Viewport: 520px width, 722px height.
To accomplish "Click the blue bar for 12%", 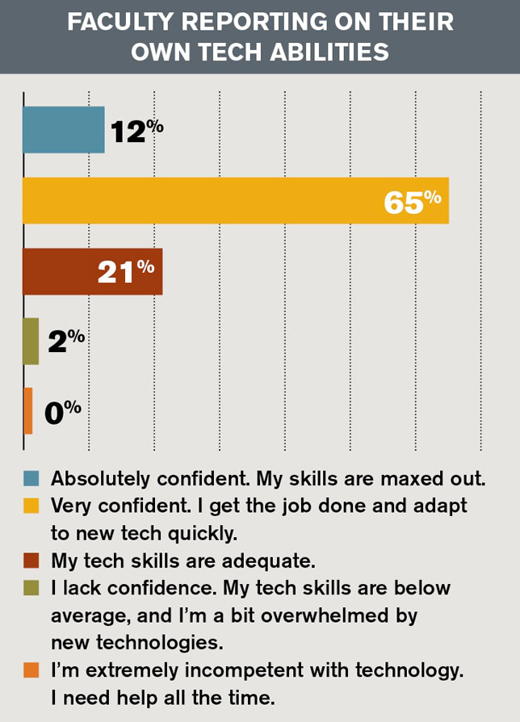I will [64, 130].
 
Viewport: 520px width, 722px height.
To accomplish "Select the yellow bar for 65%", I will [235, 200].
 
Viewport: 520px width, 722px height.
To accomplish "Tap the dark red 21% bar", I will [92, 271].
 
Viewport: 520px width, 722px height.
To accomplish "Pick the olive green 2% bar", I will [31, 342].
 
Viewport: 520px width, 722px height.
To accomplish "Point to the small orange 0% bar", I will [28, 411].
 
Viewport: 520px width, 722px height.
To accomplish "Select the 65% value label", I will [413, 201].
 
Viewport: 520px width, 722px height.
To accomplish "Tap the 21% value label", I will [126, 271].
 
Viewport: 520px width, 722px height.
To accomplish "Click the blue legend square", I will [31, 478].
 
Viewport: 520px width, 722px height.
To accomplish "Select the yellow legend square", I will [31, 506].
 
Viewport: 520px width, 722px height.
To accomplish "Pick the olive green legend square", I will [31, 588].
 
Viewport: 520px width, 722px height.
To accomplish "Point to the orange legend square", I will [31, 670].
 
